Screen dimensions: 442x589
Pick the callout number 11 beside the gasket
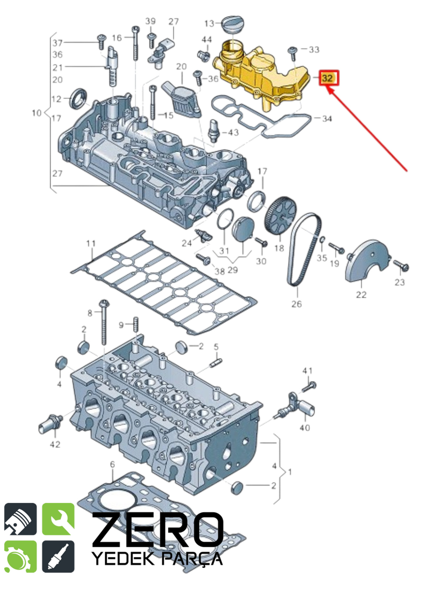91,243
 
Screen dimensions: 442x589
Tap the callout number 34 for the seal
327,119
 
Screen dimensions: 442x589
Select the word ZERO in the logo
158,529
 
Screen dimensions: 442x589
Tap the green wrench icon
58,519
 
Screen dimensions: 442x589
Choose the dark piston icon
20,519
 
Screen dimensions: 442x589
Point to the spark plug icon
58,556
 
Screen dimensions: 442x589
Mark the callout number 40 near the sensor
305,428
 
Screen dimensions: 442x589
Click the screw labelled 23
401,266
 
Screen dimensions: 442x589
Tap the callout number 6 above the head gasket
113,464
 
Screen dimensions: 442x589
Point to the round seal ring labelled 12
78,98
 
